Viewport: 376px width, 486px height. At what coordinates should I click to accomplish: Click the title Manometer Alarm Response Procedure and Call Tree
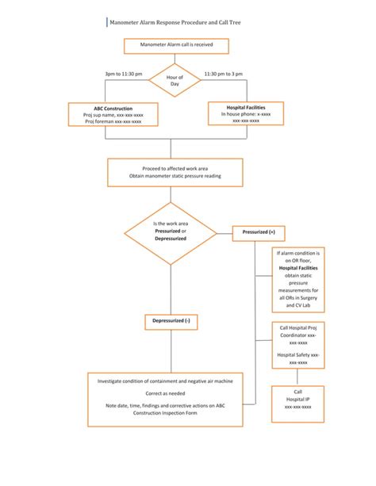click(175, 24)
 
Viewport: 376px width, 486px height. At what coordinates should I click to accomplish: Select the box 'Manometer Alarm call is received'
click(174, 46)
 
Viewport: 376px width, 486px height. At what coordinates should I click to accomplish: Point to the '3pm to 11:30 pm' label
click(125, 74)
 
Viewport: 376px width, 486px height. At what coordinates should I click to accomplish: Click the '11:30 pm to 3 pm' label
click(224, 74)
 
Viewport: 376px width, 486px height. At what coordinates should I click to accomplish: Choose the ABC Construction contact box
click(113, 115)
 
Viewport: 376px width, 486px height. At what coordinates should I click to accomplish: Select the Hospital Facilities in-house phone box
click(246, 113)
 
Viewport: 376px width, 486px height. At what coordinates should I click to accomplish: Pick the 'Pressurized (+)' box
click(259, 232)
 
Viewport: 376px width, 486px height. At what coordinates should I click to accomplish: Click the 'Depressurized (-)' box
click(171, 321)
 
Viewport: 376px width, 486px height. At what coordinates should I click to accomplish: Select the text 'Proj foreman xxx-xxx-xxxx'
click(113, 122)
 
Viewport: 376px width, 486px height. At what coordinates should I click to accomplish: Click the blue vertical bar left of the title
click(106, 24)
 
